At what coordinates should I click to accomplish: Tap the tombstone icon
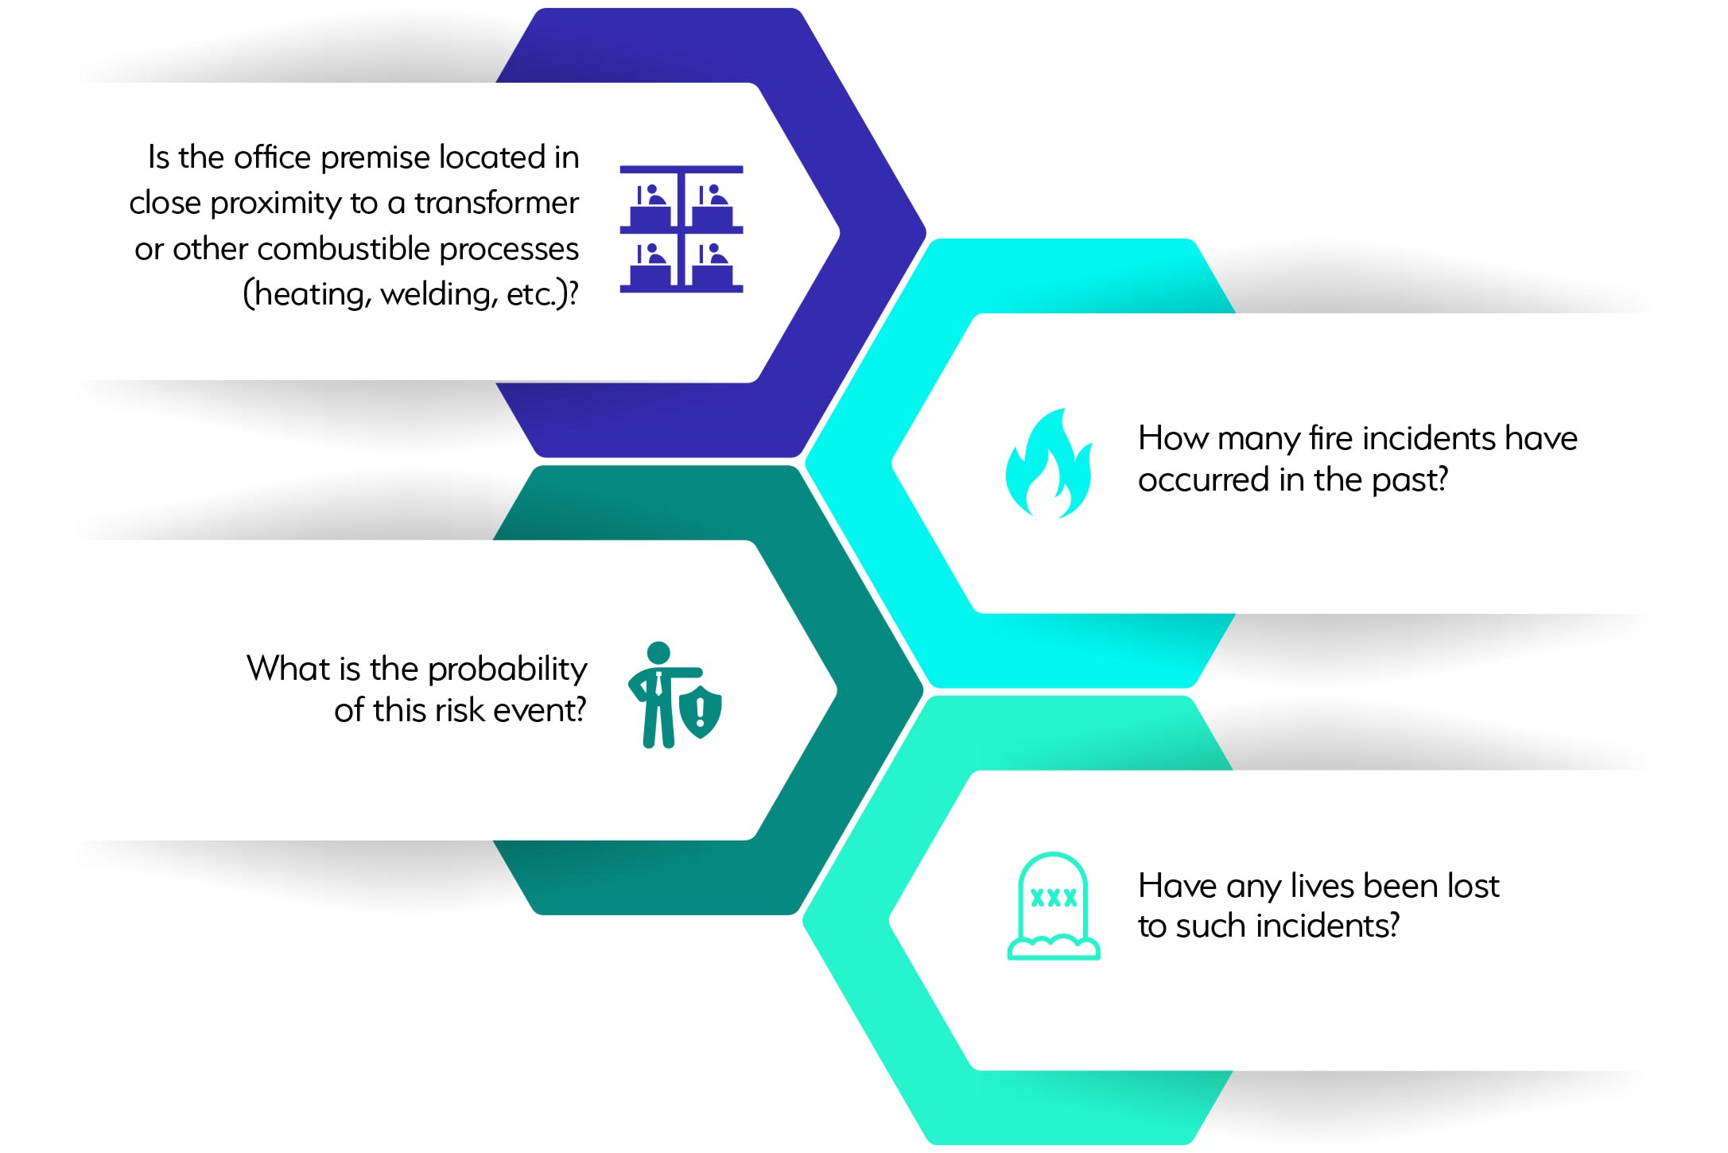click(x=1054, y=906)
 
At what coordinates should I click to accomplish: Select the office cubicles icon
click(x=681, y=229)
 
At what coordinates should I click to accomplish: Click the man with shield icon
click(x=674, y=695)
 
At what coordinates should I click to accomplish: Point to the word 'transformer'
click(x=496, y=204)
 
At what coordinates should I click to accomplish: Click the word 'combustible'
click(x=344, y=249)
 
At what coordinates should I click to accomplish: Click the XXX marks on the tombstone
click(x=1054, y=898)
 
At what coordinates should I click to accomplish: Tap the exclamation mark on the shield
click(x=700, y=712)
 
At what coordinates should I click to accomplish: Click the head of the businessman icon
click(x=658, y=653)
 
